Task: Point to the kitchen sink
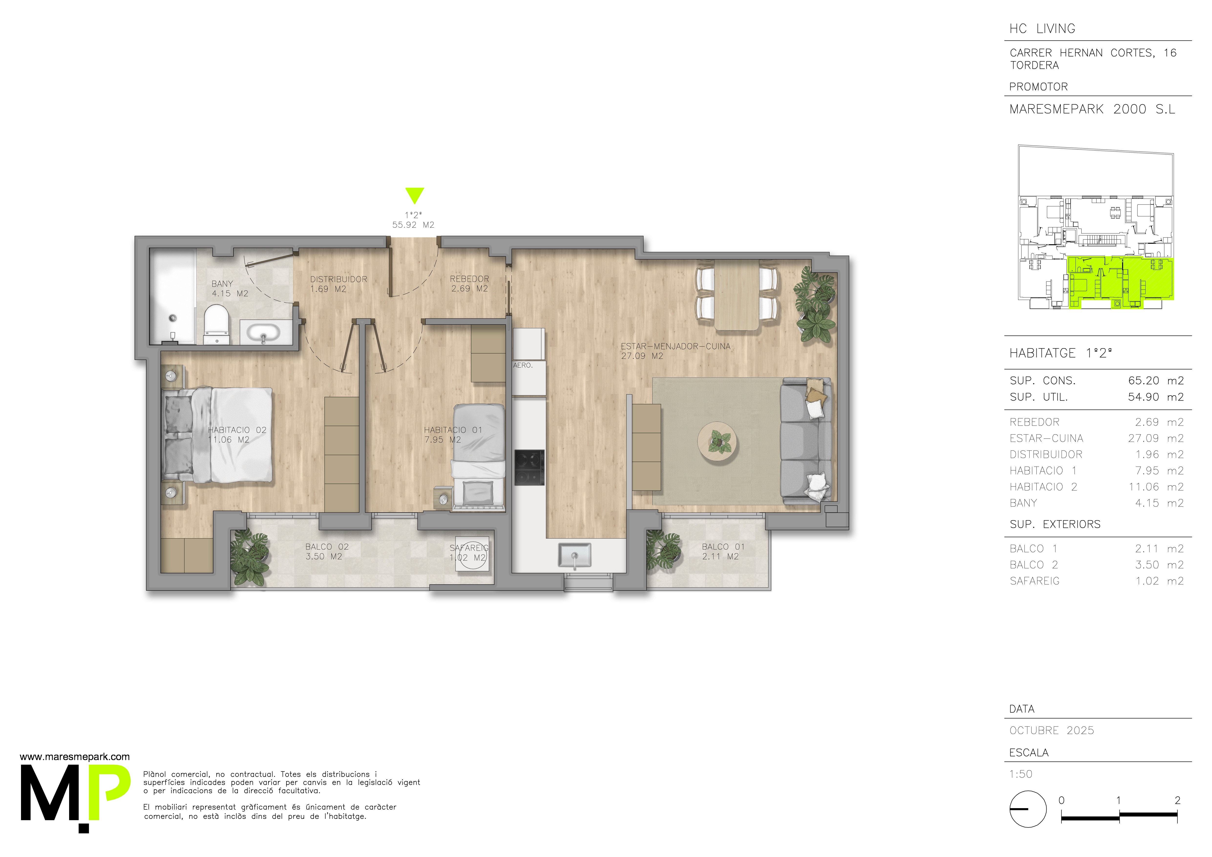(x=575, y=556)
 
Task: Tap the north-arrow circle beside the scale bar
(x=1028, y=809)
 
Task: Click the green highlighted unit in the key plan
(x=1121, y=282)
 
